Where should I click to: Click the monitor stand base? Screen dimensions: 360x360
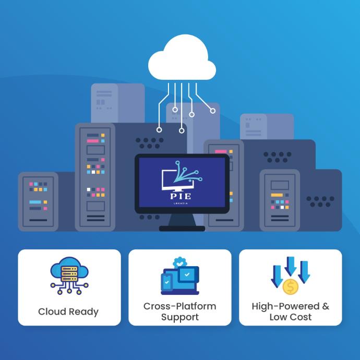(x=182, y=228)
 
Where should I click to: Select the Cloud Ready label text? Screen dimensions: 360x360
(x=68, y=311)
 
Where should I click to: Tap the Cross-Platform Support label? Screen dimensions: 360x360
(x=179, y=311)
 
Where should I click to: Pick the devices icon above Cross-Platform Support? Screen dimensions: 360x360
(x=179, y=277)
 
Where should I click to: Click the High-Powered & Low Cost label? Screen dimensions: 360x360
(x=291, y=311)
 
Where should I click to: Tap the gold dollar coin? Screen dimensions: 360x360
(x=290, y=286)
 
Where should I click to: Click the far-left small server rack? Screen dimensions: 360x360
(x=38, y=201)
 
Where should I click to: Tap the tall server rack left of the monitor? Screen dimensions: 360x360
(x=95, y=177)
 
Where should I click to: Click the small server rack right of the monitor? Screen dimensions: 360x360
(x=281, y=199)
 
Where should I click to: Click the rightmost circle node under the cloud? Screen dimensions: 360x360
(x=212, y=111)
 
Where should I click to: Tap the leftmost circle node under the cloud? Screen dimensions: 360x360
(x=159, y=129)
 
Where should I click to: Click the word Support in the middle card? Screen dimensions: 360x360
(x=179, y=317)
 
